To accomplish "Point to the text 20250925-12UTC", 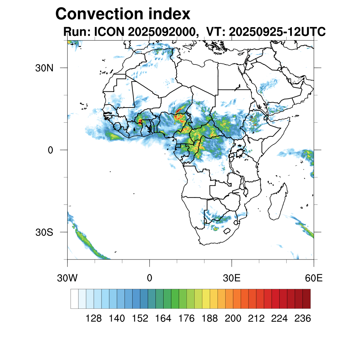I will [x=277, y=32].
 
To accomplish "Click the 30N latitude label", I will [x=44, y=68].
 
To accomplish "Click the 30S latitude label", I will [x=44, y=232].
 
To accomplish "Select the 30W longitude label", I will [x=67, y=278].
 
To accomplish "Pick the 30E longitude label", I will [x=232, y=278].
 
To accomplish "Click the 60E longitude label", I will [x=314, y=278].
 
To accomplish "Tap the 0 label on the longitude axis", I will [x=149, y=278].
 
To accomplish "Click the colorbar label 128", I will [x=94, y=319].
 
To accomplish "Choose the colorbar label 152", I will [x=140, y=319].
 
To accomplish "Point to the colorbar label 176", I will [x=186, y=319].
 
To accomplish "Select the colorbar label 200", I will [x=233, y=319].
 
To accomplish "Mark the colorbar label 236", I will [x=302, y=319].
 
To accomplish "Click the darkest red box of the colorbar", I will [x=306, y=299].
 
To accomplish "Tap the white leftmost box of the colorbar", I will [x=74, y=299].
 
